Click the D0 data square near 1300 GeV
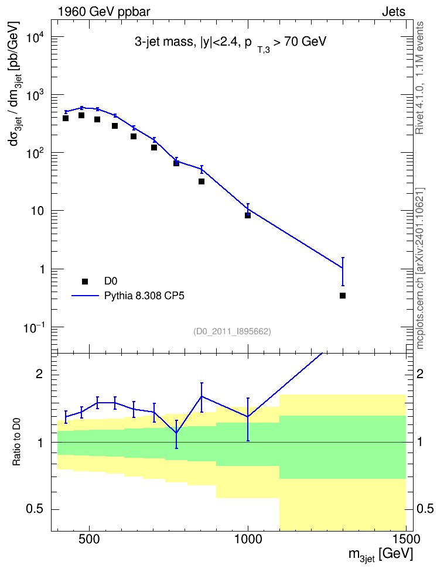(x=343, y=296)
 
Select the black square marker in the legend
(x=85, y=281)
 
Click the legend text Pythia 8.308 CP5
(x=144, y=296)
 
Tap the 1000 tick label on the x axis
(x=248, y=540)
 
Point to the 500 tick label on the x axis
(x=90, y=540)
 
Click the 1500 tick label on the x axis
(x=406, y=540)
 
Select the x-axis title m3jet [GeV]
(x=381, y=555)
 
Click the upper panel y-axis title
(x=15, y=84)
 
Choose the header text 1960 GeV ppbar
(x=104, y=12)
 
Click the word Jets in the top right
(x=394, y=12)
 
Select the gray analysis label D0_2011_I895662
(x=232, y=331)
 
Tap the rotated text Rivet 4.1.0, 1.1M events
(x=419, y=78)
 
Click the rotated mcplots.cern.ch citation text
(x=420, y=268)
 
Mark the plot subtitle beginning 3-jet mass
(x=231, y=43)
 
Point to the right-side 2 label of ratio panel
(x=420, y=374)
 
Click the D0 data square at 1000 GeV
(x=248, y=215)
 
